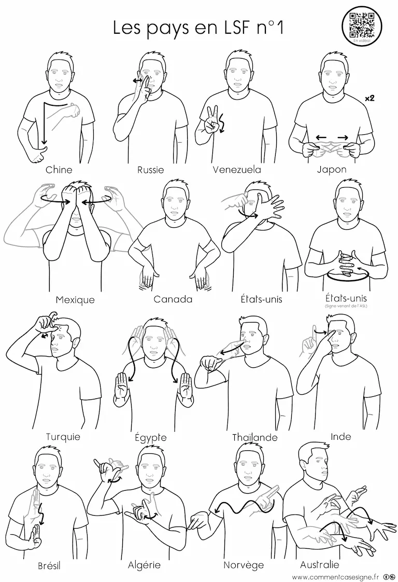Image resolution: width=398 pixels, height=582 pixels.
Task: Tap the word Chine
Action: pyautogui.click(x=59, y=170)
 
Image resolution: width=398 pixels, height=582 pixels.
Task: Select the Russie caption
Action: pyautogui.click(x=151, y=170)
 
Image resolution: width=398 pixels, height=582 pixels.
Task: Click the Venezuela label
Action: pyautogui.click(x=237, y=170)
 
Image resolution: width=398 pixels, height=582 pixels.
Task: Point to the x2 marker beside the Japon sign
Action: pyautogui.click(x=369, y=99)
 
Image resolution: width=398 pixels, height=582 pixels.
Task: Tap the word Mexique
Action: pyautogui.click(x=75, y=300)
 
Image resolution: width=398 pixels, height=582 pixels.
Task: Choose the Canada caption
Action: pyautogui.click(x=173, y=299)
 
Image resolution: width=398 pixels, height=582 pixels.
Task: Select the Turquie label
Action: pyautogui.click(x=63, y=437)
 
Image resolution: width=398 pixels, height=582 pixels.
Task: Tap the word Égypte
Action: pyautogui.click(x=151, y=437)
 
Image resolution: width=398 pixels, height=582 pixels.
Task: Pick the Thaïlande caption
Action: pyautogui.click(x=255, y=437)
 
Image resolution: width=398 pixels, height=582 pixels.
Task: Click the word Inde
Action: pyautogui.click(x=341, y=437)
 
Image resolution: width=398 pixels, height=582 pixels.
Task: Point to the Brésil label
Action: pyautogui.click(x=49, y=566)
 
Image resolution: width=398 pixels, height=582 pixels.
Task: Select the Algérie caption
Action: pyautogui.click(x=144, y=565)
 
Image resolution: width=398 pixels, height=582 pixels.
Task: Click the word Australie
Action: pyautogui.click(x=319, y=564)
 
